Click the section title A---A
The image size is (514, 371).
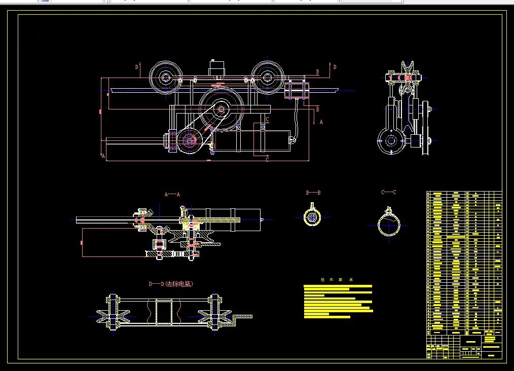coord(172,194)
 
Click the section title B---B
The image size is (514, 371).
coord(313,193)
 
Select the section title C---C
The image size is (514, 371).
coord(389,193)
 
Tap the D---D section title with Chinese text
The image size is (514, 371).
coord(171,284)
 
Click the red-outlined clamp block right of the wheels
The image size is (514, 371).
coord(297,91)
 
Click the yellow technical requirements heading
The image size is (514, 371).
coord(337,279)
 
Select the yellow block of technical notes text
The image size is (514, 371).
coord(338,302)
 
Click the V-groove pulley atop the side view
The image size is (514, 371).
coord(408,71)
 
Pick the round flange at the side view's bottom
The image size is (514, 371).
coord(390,141)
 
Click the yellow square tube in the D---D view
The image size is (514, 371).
coord(164,311)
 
